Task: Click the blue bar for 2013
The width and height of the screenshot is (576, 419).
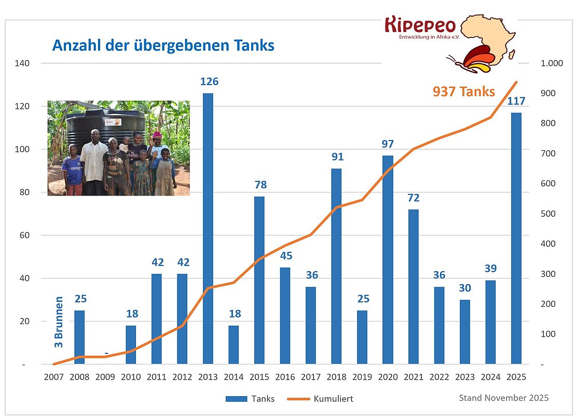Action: [208, 228]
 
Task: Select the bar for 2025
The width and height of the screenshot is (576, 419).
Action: [516, 239]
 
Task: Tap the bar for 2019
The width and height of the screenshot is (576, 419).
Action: [362, 337]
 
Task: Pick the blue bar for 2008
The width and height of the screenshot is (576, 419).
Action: [79, 337]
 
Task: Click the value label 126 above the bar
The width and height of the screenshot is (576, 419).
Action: [209, 82]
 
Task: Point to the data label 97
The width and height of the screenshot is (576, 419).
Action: [388, 144]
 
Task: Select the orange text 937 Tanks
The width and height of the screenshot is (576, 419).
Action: [463, 92]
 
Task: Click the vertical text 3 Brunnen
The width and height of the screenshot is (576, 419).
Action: [59, 322]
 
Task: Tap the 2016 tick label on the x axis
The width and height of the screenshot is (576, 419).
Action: [285, 378]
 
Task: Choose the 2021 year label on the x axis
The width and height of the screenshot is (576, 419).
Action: [413, 378]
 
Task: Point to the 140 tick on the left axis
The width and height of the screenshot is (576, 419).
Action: [25, 63]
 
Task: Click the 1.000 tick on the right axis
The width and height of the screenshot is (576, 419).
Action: [552, 63]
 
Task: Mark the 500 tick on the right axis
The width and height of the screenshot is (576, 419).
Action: [549, 214]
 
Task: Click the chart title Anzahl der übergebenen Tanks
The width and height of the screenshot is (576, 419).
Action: [163, 46]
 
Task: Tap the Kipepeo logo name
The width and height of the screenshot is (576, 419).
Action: [420, 24]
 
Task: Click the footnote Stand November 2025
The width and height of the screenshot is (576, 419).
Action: [503, 398]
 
